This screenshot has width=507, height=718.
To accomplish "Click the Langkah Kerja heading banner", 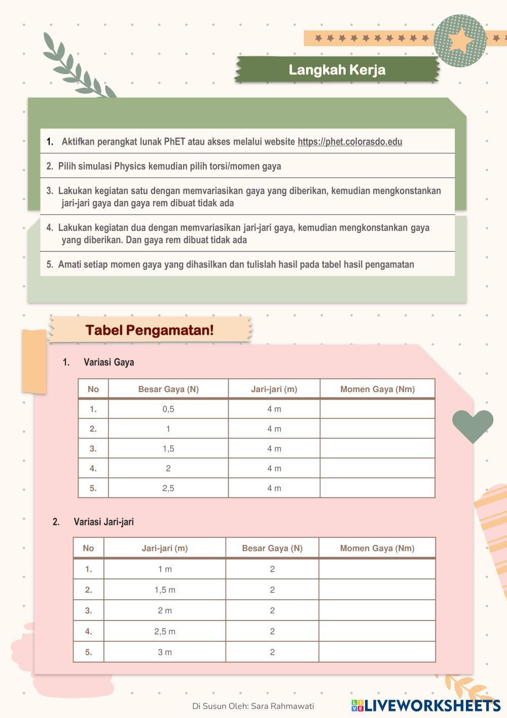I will (337, 70).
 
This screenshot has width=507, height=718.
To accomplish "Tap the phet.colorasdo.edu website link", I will (350, 142).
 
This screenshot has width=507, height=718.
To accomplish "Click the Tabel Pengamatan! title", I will (150, 330).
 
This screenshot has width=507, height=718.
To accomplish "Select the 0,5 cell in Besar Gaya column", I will (168, 409).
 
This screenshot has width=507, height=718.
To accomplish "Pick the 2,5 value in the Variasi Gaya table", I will (168, 488).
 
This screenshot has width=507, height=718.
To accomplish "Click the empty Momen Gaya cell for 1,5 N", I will (377, 448).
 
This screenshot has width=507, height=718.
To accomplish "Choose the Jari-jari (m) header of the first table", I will (274, 389).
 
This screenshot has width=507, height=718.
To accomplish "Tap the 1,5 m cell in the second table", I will (165, 590).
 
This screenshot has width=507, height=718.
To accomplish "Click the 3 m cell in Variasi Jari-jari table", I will (165, 652).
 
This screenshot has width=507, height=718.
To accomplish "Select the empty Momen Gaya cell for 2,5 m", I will (377, 631).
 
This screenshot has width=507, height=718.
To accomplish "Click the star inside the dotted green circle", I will (460, 41).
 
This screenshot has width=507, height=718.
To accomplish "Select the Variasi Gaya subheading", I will (108, 362).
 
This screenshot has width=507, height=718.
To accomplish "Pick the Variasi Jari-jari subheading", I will (103, 521).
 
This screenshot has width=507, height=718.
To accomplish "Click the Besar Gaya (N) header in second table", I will (272, 548).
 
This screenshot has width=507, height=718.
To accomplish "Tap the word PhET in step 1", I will (174, 142).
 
